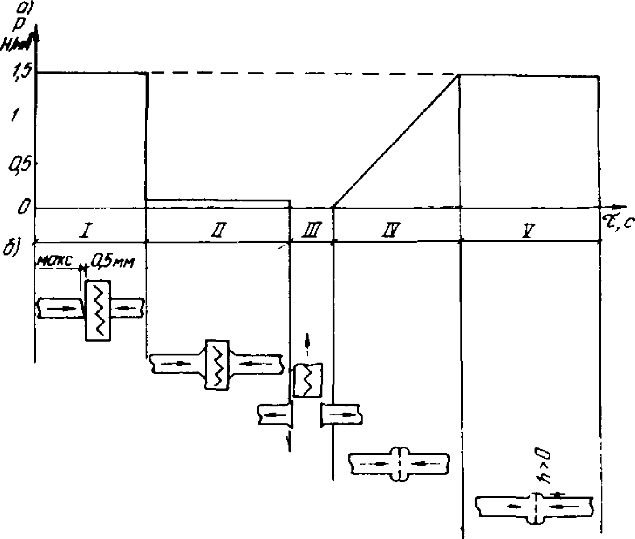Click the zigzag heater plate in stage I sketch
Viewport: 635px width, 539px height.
pos(98,310)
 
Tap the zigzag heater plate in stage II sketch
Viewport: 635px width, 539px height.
pos(217,364)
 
